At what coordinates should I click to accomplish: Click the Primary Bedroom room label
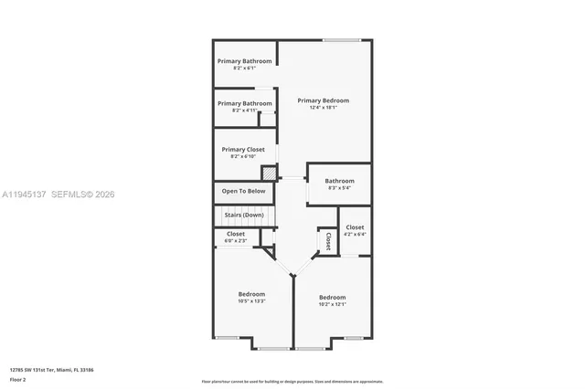point(323,100)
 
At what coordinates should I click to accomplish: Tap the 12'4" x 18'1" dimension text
point(323,108)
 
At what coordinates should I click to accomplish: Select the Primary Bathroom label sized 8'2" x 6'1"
point(244,61)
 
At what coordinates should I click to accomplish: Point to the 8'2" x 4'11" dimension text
point(244,110)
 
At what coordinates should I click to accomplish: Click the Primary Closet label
point(244,149)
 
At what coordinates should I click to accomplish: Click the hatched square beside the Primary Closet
point(269,173)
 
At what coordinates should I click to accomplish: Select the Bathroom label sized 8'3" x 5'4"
point(339,181)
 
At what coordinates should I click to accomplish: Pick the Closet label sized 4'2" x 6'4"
point(355,227)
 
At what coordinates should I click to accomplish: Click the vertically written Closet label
point(327,240)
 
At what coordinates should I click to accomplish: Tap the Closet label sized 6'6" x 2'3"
point(236,234)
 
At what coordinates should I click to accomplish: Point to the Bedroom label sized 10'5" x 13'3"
point(251,294)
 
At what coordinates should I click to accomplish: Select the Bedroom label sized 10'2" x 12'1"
point(332,298)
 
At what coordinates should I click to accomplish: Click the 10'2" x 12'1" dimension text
point(332,305)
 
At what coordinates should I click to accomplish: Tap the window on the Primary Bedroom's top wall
point(340,39)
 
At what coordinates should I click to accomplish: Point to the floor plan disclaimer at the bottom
point(292,381)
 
